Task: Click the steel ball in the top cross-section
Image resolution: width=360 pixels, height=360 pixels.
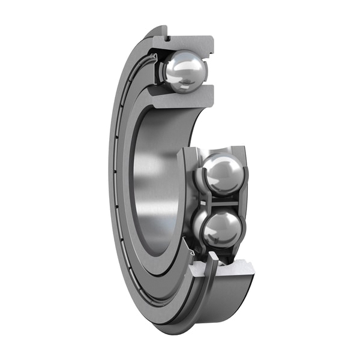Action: coord(185,71)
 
